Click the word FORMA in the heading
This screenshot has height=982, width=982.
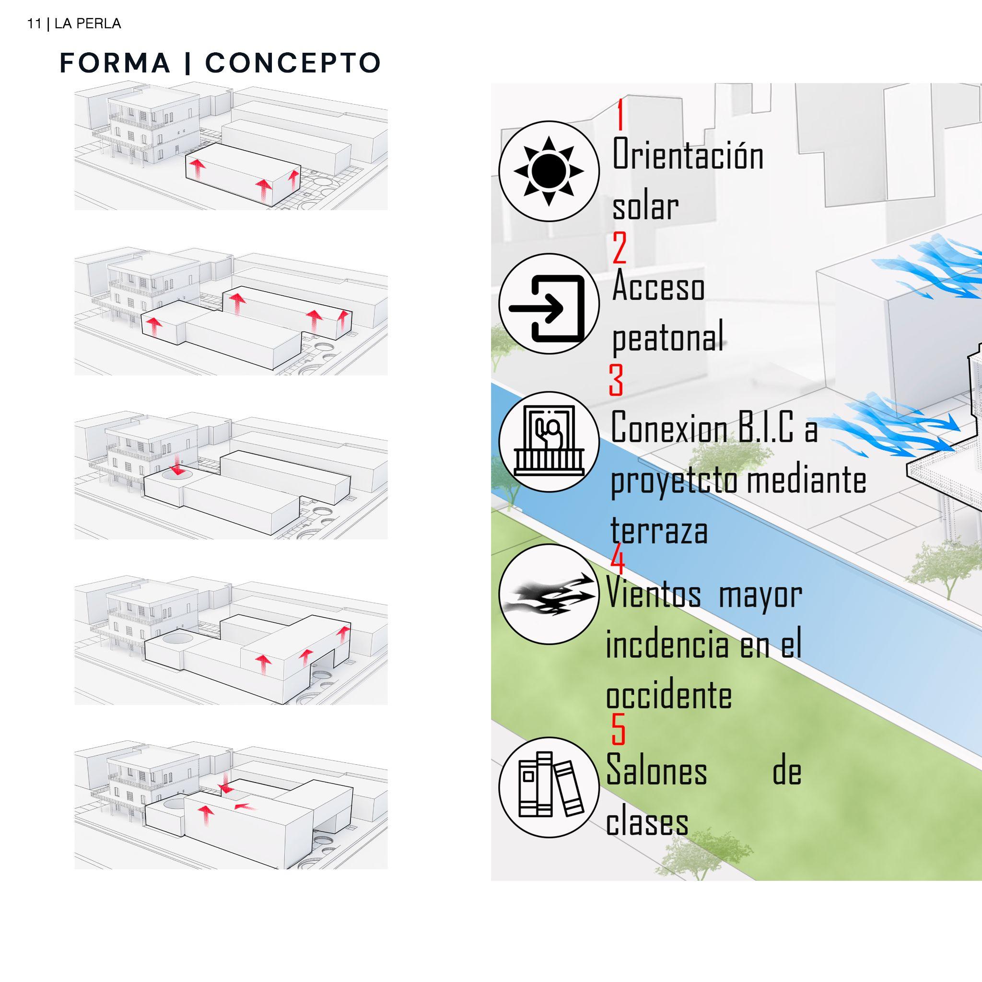(x=115, y=63)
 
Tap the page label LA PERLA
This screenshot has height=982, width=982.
(x=87, y=24)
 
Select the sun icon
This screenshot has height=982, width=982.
(x=549, y=171)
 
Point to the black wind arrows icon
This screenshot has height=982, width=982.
(x=549, y=594)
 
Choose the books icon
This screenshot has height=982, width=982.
(x=549, y=788)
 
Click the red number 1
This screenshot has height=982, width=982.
(x=620, y=116)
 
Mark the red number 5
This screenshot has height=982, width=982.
(x=618, y=730)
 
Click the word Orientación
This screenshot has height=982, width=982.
(x=687, y=154)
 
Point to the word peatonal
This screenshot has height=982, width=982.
(x=667, y=337)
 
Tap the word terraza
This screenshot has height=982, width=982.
(x=659, y=531)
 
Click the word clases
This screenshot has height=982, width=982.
(x=646, y=822)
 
